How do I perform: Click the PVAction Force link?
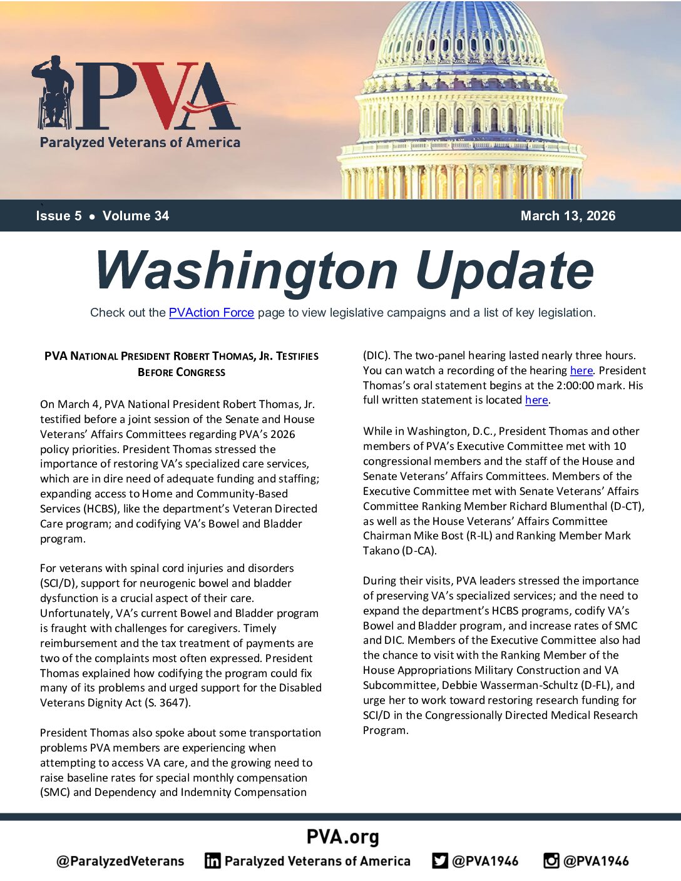click(x=211, y=313)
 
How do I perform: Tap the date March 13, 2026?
click(x=568, y=216)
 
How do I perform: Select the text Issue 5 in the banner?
click(x=59, y=216)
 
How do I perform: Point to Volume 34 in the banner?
click(x=136, y=216)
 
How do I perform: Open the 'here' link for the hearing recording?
click(x=581, y=370)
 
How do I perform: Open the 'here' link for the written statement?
click(x=536, y=400)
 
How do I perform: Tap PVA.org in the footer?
click(x=342, y=837)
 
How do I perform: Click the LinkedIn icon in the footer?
click(x=213, y=861)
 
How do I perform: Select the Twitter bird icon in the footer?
click(x=440, y=861)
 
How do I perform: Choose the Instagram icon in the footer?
click(x=551, y=861)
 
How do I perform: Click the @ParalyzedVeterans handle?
click(x=120, y=861)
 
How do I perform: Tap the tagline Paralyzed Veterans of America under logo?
click(x=140, y=143)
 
